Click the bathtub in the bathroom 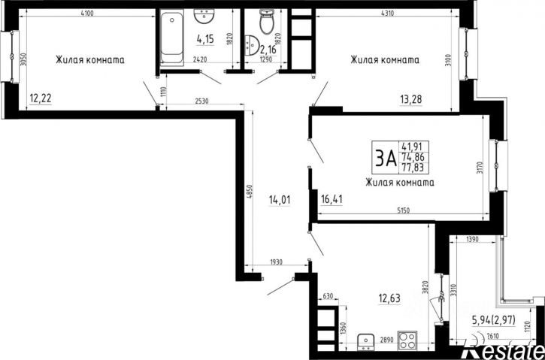[172, 37]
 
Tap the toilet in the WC [267, 22]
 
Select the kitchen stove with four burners [407, 340]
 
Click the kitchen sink [365, 341]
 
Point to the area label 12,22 [41, 99]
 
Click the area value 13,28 [411, 99]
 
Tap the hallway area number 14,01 [280, 200]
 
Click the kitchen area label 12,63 [389, 298]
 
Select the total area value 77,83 [415, 168]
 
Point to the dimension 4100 [87, 14]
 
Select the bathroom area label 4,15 [205, 39]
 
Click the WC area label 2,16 [268, 50]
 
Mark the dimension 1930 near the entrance [277, 262]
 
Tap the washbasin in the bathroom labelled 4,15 [204, 16]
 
